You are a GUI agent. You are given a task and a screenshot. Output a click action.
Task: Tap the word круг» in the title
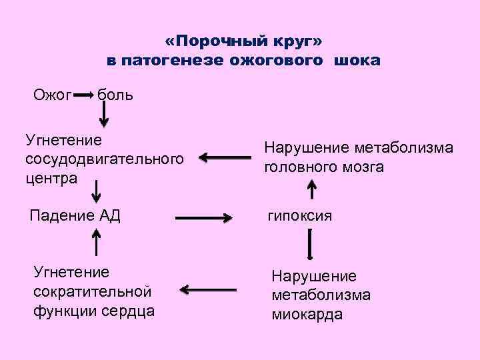(293, 41)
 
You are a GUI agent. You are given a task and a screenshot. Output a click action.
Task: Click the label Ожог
(53, 95)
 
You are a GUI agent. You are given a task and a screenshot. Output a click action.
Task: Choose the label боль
(115, 95)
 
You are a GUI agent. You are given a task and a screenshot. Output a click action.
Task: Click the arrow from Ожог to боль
(83, 95)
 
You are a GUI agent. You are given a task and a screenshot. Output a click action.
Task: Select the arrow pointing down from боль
(104, 116)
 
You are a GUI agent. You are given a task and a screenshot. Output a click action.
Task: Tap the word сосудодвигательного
(104, 159)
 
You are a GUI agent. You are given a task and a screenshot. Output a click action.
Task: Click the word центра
(51, 177)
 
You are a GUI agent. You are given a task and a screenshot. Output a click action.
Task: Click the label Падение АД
(75, 215)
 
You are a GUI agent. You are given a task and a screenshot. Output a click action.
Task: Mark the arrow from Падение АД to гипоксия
(203, 217)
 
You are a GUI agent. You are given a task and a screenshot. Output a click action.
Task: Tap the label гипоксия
(300, 216)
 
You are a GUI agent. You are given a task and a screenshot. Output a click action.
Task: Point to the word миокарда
(307, 314)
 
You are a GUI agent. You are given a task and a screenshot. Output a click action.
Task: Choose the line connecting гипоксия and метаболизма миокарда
(311, 245)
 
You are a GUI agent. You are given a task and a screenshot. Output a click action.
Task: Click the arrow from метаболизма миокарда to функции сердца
(208, 290)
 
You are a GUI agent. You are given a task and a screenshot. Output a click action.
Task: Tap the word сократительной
(92, 291)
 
